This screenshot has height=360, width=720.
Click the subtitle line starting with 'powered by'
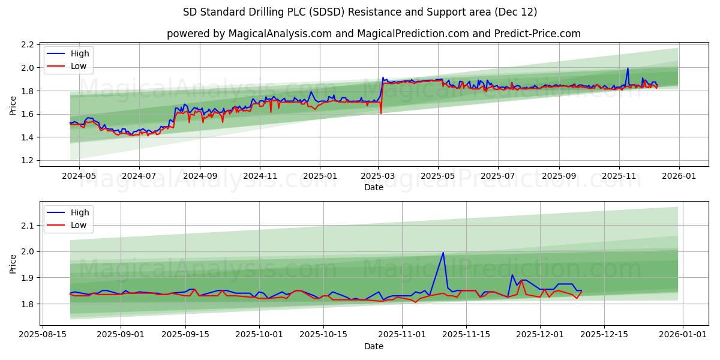pyautogui.click(x=373, y=34)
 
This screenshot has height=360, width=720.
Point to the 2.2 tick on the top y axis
pyautogui.click(x=27, y=44)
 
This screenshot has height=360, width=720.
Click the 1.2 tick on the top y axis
pyautogui.click(x=27, y=160)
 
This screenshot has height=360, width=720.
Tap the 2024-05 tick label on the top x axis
pyautogui.click(x=79, y=177)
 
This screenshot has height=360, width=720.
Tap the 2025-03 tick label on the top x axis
pyautogui.click(x=379, y=177)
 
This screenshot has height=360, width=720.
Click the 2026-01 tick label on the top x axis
pyautogui.click(x=679, y=177)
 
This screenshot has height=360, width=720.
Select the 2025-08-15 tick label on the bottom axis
pyautogui.click(x=42, y=335)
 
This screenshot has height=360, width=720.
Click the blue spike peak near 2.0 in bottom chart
pyautogui.click(x=443, y=253)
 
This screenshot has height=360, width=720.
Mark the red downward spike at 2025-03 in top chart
pyautogui.click(x=381, y=113)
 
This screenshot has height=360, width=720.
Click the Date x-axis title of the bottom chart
pyautogui.click(x=373, y=346)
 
